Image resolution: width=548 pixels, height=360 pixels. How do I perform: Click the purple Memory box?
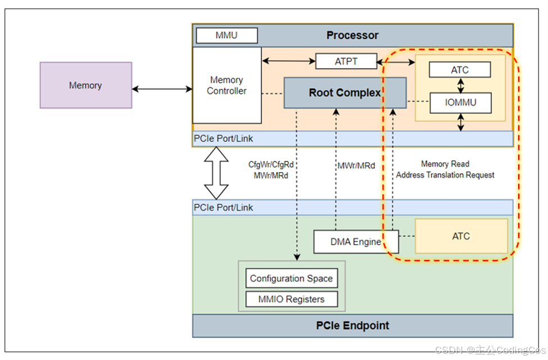(x=85, y=85)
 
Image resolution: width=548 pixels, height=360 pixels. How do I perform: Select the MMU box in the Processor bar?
(x=227, y=35)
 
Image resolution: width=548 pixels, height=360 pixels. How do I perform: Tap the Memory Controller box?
(x=227, y=85)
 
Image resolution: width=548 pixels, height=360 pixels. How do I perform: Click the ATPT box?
(x=346, y=61)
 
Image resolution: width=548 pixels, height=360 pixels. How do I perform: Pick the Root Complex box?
(x=345, y=93)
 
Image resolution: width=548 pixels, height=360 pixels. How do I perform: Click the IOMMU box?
(x=460, y=102)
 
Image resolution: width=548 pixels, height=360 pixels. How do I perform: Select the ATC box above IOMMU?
(x=460, y=70)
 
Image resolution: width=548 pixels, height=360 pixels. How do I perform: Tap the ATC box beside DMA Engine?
(x=461, y=236)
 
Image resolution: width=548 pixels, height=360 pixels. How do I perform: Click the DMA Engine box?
(x=356, y=241)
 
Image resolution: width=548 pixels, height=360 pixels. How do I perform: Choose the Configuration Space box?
(x=292, y=278)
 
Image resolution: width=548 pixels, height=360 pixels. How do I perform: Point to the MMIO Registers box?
(x=292, y=299)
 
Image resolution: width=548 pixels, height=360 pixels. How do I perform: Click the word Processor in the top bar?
(x=352, y=35)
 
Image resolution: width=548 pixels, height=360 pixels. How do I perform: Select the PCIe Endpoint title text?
(x=352, y=325)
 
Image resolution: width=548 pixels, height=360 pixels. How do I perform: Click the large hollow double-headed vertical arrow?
(x=216, y=173)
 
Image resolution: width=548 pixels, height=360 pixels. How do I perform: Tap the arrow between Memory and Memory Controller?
(x=162, y=89)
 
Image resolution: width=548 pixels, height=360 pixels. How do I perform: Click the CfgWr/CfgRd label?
(x=271, y=164)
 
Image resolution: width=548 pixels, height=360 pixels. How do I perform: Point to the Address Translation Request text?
(x=445, y=175)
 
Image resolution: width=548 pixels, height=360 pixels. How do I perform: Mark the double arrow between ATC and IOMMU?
(x=461, y=85)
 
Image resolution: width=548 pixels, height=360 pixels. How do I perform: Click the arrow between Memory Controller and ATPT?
(x=289, y=61)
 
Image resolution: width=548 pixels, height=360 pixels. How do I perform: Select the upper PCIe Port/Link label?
(x=223, y=138)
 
